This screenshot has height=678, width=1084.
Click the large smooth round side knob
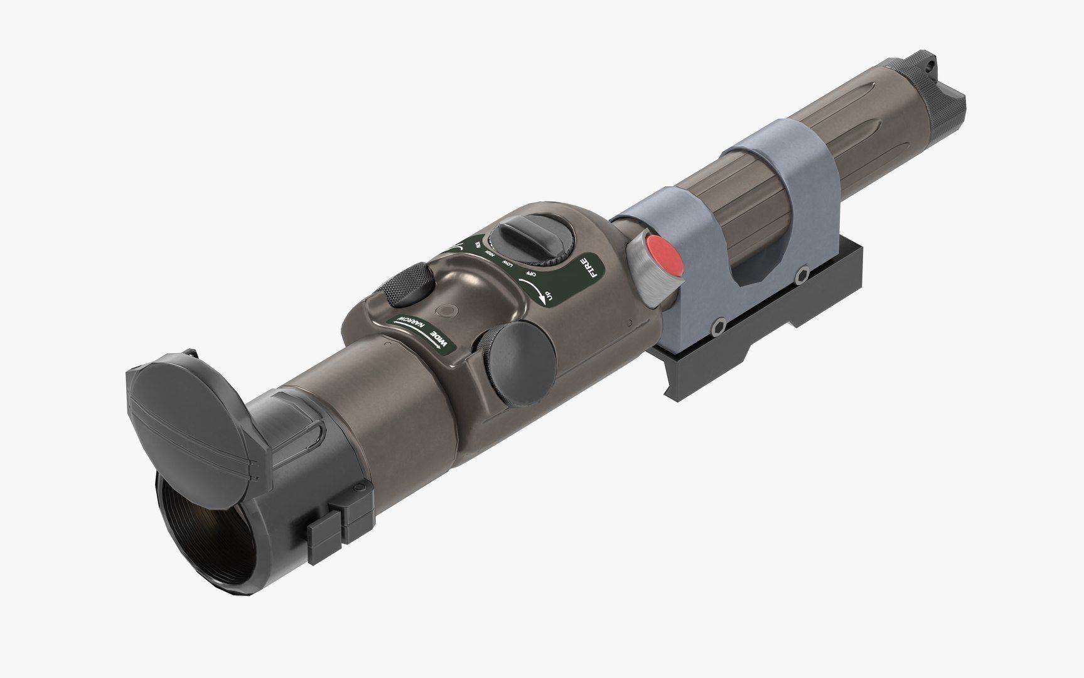tap(517, 363)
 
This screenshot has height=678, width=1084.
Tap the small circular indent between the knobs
tap(448, 310)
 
